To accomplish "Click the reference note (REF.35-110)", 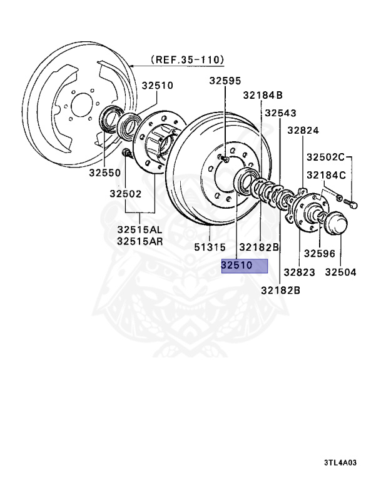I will click(187, 60).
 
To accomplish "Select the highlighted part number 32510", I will click(244, 266).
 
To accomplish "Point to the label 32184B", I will click(263, 95).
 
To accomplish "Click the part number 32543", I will click(280, 113).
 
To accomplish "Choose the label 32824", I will click(303, 131).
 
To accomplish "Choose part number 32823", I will click(299, 272).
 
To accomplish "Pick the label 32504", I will click(341, 272).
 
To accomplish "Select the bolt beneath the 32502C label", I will click(351, 202).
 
